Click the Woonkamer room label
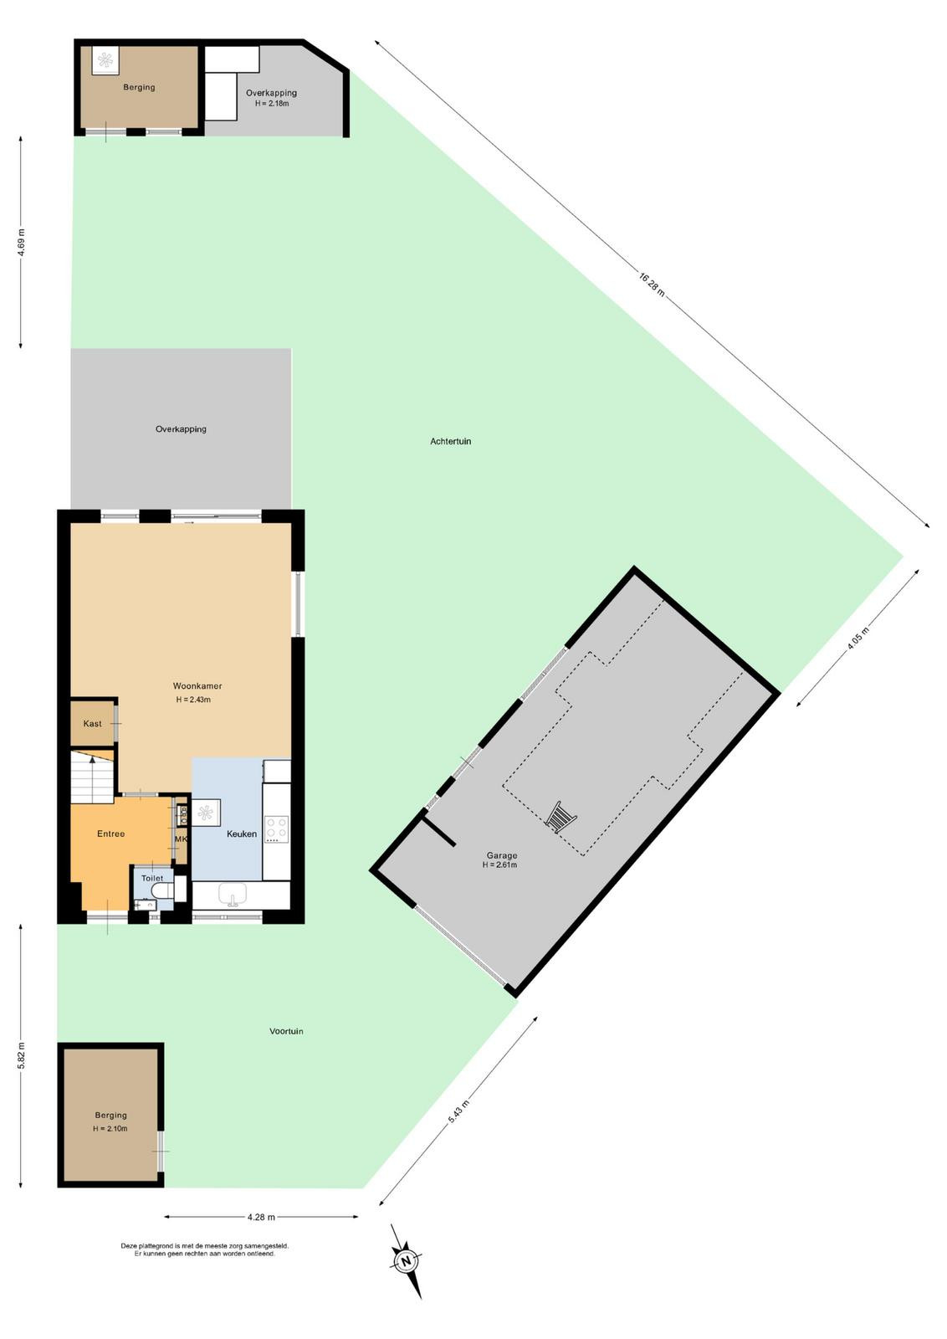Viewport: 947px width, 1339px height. [x=197, y=685]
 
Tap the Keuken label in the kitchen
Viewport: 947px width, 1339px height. [x=242, y=834]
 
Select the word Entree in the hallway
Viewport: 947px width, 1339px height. [x=111, y=834]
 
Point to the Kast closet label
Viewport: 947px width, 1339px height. [x=93, y=723]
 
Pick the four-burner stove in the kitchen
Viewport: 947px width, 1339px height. [x=277, y=829]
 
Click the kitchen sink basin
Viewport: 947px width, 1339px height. [x=233, y=895]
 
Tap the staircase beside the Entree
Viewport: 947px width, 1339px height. [x=92, y=777]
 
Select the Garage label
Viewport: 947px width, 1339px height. [x=501, y=855]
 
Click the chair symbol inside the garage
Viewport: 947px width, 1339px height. [x=561, y=817]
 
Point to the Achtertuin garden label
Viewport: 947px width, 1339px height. [x=451, y=441]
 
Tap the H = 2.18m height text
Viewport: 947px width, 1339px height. [x=272, y=104]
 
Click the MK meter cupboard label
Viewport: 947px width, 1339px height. [x=181, y=839]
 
